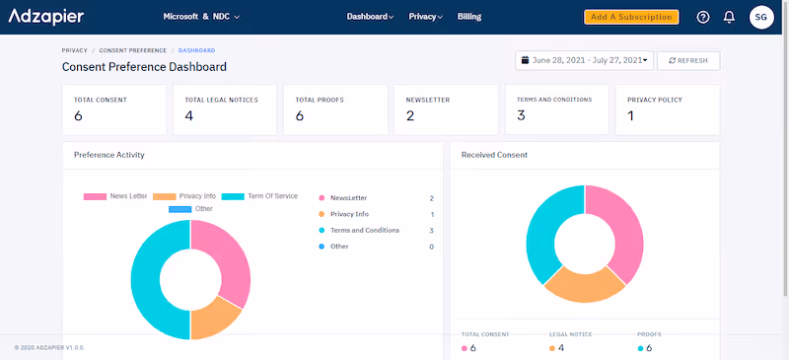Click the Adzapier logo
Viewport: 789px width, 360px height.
tap(46, 17)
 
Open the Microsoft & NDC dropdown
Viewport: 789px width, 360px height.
tap(201, 17)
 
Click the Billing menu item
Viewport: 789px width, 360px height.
tap(469, 17)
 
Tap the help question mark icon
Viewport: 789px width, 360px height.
tap(703, 17)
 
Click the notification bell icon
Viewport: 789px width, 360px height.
tap(729, 17)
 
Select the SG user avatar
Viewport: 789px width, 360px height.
tap(761, 17)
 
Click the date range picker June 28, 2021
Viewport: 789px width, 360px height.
tap(585, 60)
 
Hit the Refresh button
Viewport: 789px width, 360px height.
tap(688, 60)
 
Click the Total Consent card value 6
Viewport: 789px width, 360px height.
tap(79, 116)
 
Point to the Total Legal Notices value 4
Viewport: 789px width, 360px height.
tap(188, 116)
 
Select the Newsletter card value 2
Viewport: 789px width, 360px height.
tap(409, 116)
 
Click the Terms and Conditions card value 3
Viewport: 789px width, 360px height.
tap(521, 115)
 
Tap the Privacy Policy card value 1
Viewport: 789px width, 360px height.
tap(631, 116)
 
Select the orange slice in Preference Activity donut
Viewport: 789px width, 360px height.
tap(211, 320)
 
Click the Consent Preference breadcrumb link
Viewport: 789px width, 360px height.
tap(132, 49)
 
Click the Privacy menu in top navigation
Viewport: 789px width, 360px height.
tap(425, 17)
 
